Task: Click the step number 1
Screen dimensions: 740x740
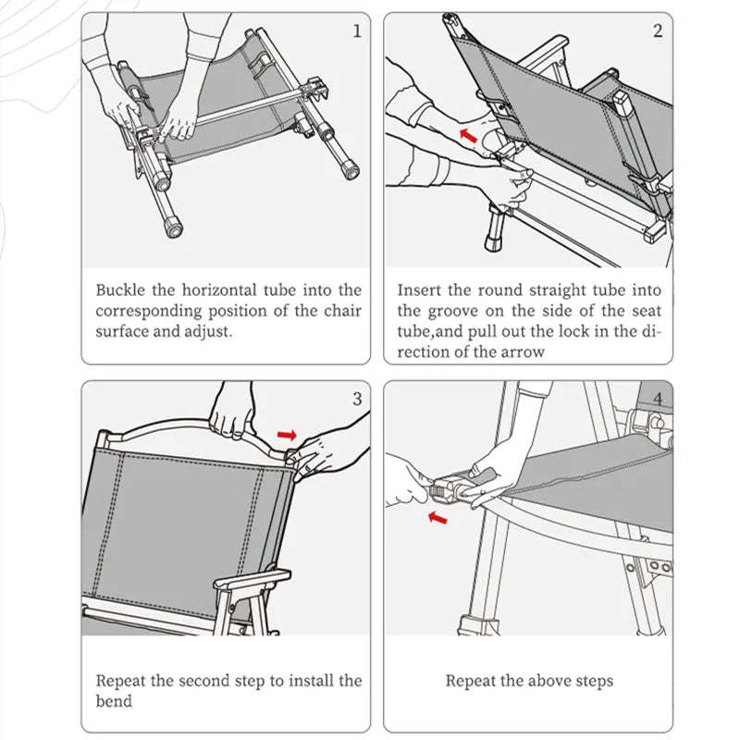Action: coord(357,31)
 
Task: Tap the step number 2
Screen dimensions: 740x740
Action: coord(658,31)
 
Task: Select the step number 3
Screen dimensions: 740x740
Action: coord(357,399)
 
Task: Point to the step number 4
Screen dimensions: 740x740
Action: coord(658,399)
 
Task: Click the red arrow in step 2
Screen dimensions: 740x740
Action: coord(470,136)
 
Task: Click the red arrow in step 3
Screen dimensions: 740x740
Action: coord(289,434)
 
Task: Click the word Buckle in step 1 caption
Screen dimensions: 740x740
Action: coord(120,290)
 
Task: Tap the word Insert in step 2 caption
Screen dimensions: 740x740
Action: coord(420,290)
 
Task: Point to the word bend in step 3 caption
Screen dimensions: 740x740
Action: coord(114,701)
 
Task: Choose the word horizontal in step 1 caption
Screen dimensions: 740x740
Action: coord(222,290)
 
